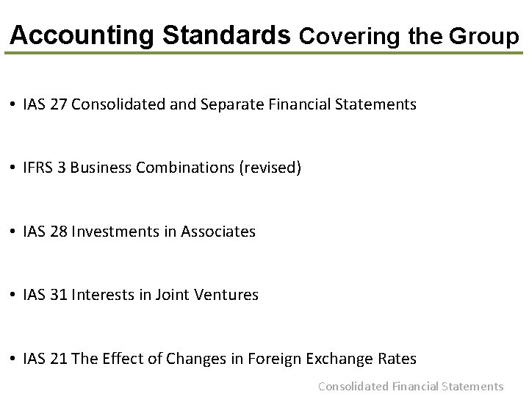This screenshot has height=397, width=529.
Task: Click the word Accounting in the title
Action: point(82,35)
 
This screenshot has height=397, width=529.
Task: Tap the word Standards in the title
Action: point(226,35)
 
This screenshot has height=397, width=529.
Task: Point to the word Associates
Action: point(218,232)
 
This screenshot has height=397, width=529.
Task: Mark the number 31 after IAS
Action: point(58,295)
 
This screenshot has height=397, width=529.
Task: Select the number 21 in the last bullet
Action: point(58,359)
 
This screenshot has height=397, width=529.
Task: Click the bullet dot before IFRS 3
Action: point(15,168)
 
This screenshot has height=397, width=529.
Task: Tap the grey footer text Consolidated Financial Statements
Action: point(411,386)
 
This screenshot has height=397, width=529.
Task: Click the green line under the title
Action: point(264,53)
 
